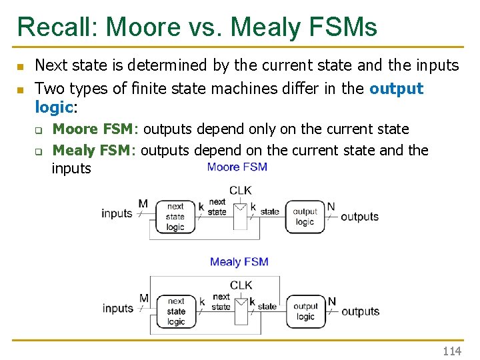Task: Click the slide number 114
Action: coord(452,351)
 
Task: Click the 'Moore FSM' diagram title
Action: coord(237,167)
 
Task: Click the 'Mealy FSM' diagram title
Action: coord(239,261)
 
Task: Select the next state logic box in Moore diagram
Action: coord(175,217)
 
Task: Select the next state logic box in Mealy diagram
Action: coord(176,311)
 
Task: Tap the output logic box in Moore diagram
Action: coord(305,217)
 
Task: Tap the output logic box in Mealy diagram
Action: coord(305,311)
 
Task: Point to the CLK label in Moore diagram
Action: coord(240,190)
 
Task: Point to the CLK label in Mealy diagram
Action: coord(241,285)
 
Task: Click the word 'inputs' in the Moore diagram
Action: coord(117,213)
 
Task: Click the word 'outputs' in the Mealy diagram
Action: coord(360,311)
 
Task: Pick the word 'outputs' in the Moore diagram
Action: coord(359,217)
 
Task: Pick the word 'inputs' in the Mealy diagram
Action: coord(118,308)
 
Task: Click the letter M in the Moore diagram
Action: coord(143,203)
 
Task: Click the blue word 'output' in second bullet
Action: coord(396,89)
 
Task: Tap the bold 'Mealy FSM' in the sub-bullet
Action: coord(93,150)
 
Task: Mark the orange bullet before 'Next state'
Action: coord(20,67)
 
